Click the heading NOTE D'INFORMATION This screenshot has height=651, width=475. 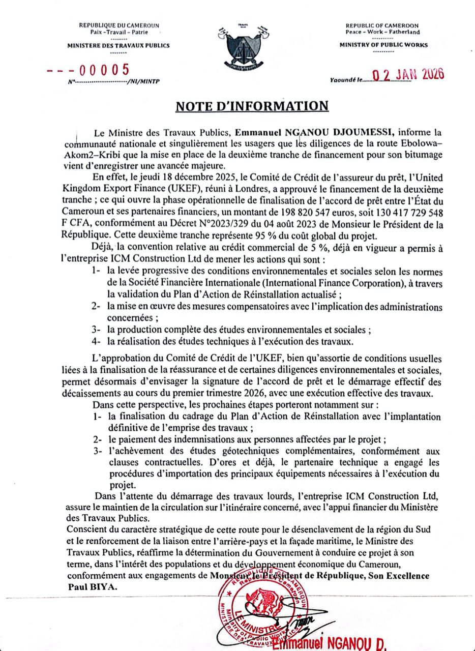(x=252, y=106)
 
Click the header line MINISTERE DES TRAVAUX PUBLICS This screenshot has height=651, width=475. (x=118, y=45)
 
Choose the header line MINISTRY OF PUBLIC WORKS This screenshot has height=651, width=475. (x=383, y=45)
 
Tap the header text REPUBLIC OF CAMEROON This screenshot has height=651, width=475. (x=382, y=25)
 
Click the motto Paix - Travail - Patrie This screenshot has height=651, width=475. (x=118, y=32)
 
